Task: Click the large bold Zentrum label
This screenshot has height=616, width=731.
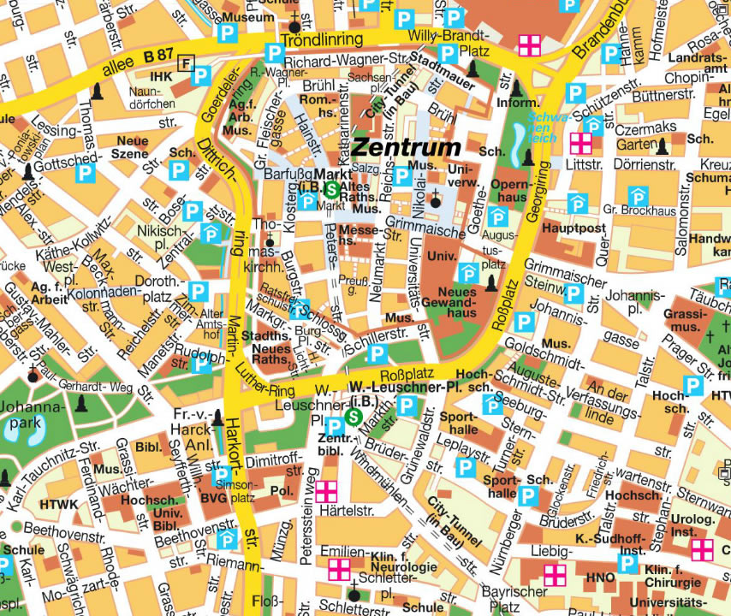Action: [x=406, y=148]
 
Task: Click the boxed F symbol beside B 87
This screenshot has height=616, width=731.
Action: [x=187, y=61]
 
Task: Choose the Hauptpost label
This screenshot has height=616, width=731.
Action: [x=574, y=228]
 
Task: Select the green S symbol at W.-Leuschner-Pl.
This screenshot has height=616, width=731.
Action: [x=354, y=417]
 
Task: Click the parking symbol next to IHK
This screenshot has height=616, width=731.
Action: [x=200, y=76]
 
